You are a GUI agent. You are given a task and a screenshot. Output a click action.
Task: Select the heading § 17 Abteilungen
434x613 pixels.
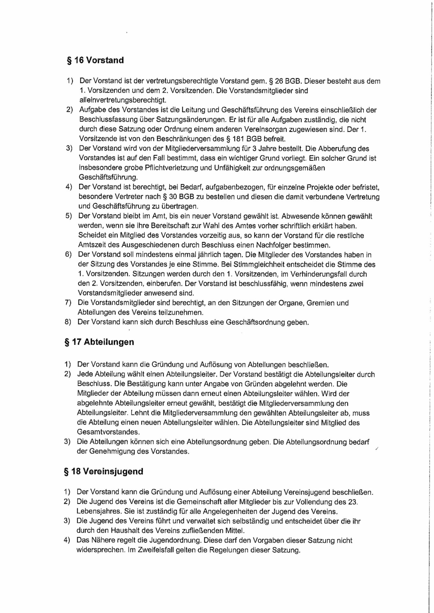coord(99,342)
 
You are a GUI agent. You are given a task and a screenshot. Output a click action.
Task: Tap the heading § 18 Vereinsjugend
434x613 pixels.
coord(103,471)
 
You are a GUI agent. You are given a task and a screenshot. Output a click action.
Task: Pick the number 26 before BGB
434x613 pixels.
coord(279,81)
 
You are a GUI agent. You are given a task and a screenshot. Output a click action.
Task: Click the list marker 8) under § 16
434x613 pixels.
coord(68,322)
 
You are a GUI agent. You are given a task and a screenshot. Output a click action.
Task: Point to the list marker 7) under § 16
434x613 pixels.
coord(68,303)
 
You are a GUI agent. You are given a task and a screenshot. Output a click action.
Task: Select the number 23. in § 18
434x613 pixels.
coord(352,502)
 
